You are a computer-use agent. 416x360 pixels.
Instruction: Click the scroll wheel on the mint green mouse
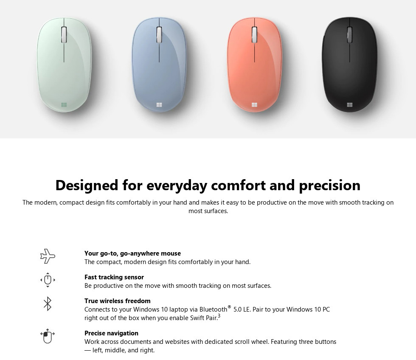64,34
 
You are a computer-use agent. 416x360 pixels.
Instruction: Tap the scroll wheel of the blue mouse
159,34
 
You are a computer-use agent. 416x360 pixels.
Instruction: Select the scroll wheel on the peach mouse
254,34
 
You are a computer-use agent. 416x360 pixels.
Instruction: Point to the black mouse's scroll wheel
350,34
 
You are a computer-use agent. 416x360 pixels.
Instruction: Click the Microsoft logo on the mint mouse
64,105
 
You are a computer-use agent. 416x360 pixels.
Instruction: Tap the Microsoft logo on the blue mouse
159,105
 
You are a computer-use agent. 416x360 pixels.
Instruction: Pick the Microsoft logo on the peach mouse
254,105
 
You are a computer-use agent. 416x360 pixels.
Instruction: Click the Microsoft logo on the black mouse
350,105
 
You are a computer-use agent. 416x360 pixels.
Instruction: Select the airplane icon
48,256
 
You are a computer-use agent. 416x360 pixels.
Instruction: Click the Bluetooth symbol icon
48,304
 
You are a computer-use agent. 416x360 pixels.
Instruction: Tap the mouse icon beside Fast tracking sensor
48,280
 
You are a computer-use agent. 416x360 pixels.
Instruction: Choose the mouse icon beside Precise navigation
48,336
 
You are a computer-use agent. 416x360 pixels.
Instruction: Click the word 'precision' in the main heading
330,186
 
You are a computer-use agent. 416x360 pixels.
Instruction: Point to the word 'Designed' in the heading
87,185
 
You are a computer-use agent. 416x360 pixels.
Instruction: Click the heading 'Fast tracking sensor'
114,277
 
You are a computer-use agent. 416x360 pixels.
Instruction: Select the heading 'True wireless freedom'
118,301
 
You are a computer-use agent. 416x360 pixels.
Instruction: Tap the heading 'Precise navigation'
111,333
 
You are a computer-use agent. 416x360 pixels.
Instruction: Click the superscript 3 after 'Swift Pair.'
219,316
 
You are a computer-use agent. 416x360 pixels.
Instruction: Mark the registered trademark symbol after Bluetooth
230,307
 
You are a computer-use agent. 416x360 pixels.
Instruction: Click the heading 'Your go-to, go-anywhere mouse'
132,253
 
